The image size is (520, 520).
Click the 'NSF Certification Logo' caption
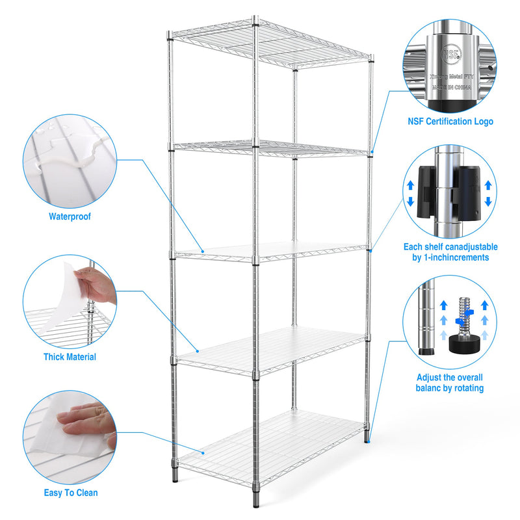(x=450, y=122)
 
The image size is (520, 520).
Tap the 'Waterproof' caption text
(x=70, y=216)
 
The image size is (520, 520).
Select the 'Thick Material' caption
(x=70, y=357)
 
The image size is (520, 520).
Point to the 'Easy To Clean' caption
(x=71, y=493)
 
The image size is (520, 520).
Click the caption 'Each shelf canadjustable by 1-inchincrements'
(x=450, y=252)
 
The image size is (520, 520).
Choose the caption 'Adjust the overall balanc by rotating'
(x=450, y=383)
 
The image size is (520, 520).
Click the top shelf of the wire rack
(x=270, y=43)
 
